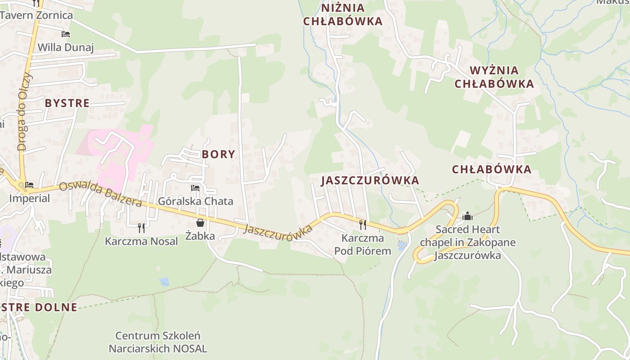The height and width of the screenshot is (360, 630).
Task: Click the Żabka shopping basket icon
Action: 200,223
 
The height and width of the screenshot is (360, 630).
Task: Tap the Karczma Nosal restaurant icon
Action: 141,228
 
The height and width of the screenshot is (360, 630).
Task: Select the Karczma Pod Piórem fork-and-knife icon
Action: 362,225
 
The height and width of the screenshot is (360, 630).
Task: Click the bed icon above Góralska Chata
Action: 195,188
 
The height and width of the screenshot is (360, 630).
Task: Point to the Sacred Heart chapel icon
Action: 468,216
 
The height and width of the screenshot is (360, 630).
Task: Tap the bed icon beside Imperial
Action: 30,184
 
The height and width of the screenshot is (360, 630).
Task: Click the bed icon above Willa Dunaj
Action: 66,34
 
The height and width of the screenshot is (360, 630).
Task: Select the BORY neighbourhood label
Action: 219,154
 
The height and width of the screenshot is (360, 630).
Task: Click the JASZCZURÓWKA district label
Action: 370,180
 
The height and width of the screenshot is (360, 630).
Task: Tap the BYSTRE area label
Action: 67,103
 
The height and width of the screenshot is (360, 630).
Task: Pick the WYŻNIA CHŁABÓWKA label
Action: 494,77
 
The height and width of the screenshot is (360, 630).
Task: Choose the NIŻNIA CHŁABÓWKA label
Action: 343,14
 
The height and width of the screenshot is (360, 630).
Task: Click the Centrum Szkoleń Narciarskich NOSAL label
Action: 158,342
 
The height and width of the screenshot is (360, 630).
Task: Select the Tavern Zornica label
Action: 36,15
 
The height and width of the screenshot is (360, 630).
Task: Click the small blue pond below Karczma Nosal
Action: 164,282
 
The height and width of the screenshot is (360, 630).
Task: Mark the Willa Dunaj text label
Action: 66,47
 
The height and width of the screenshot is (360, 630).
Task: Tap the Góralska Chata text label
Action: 196,201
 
